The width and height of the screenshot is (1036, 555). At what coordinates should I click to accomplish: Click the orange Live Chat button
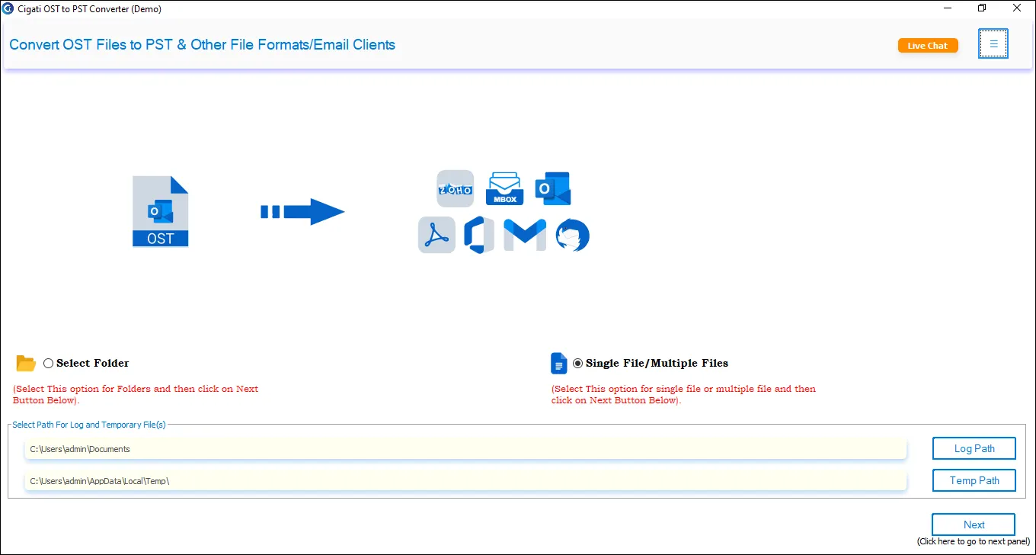[x=928, y=46]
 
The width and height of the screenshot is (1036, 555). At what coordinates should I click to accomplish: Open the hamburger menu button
[x=993, y=43]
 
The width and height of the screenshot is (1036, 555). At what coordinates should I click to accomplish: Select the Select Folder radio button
[x=48, y=364]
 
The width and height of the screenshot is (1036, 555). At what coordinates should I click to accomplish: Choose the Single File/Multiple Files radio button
[x=577, y=364]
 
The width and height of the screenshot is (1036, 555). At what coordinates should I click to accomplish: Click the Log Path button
[x=974, y=448]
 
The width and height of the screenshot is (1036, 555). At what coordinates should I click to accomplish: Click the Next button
[x=974, y=525]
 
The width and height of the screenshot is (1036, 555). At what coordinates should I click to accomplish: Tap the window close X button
[x=1016, y=8]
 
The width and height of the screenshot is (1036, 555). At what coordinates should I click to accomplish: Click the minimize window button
[x=948, y=8]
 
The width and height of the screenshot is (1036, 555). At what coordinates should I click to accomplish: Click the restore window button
[x=982, y=8]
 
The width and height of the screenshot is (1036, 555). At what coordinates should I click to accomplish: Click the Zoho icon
[x=455, y=188]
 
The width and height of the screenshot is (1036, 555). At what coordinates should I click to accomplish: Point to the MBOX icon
[x=504, y=188]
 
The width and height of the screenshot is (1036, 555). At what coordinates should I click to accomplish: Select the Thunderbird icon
[x=572, y=235]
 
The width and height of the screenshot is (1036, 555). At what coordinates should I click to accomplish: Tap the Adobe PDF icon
[x=436, y=235]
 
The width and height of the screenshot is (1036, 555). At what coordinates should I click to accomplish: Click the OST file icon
[x=160, y=211]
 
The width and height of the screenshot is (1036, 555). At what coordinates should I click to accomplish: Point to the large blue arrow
[x=302, y=211]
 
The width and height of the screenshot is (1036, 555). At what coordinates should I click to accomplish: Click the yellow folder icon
[x=25, y=364]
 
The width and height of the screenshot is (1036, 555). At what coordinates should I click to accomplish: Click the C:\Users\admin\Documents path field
[x=465, y=448]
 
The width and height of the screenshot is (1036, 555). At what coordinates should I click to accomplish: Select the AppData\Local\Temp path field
[x=465, y=480]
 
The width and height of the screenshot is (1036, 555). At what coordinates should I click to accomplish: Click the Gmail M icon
[x=524, y=235]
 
